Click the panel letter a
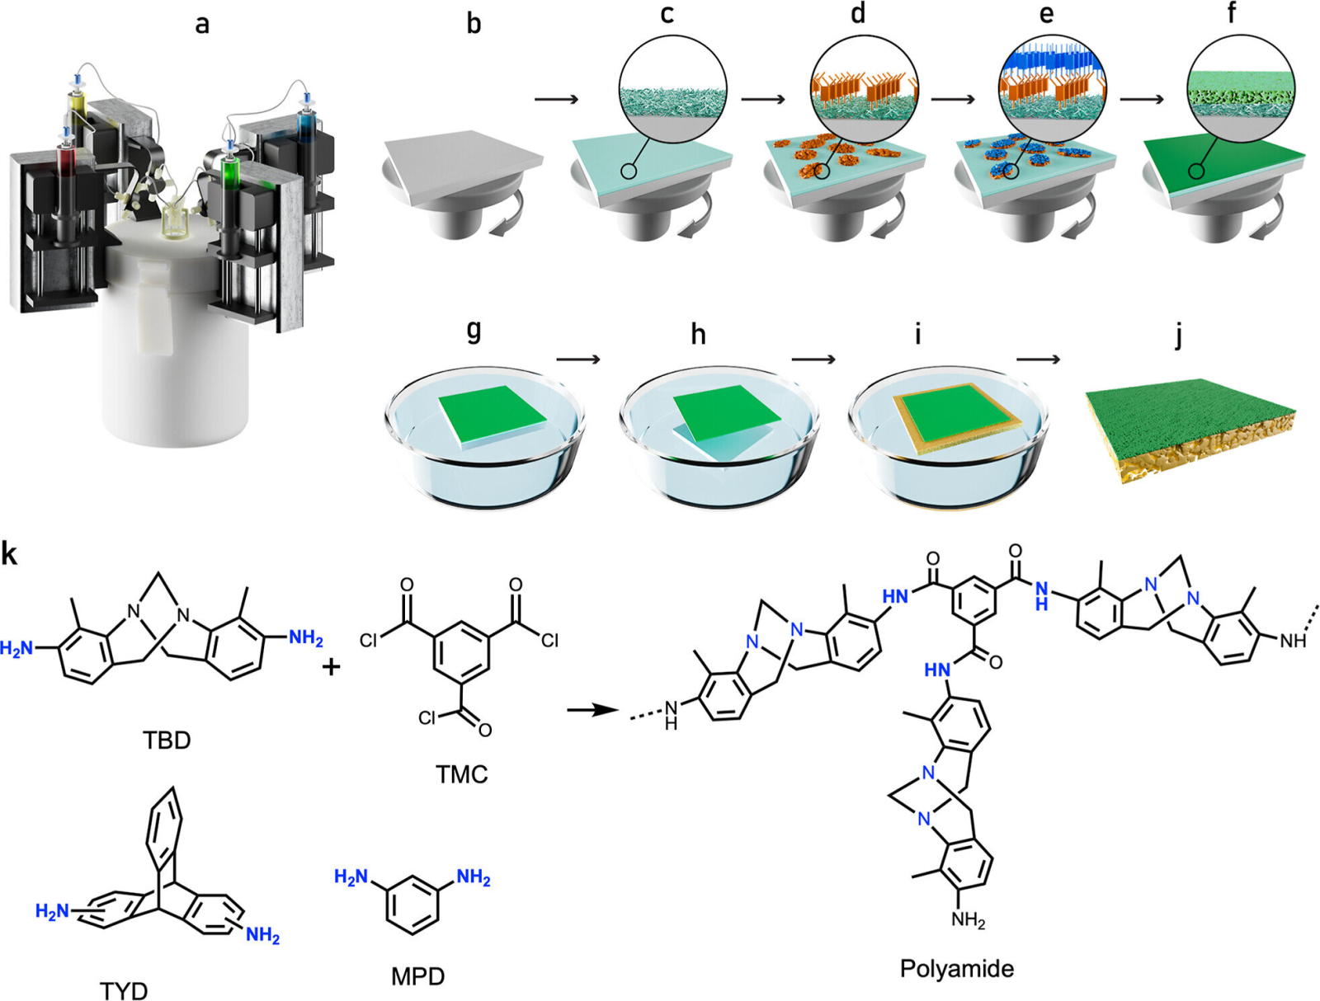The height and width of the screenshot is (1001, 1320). [x=201, y=25]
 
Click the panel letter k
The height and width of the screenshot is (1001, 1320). [x=9, y=553]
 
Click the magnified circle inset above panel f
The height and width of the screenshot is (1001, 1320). [x=1240, y=90]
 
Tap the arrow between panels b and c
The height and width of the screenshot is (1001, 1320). [x=556, y=100]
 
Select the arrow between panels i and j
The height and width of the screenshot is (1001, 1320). [x=1038, y=359]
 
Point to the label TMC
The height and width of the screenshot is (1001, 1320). [x=461, y=773]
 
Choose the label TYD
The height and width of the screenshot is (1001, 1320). [x=124, y=989]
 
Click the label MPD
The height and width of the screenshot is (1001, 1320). [x=417, y=976]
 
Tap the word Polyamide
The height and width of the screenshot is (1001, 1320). [x=956, y=968]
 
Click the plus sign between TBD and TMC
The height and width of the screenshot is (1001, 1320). [x=331, y=666]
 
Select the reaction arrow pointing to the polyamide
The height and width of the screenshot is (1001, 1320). [x=592, y=710]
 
